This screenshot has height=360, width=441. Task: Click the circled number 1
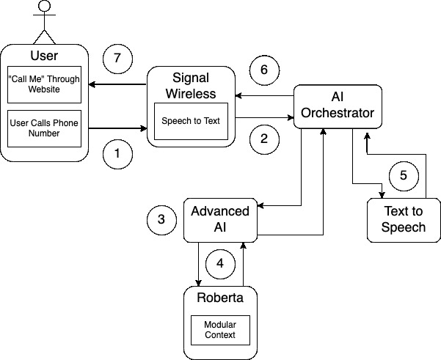[117, 154]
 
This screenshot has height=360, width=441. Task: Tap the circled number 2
[264, 138]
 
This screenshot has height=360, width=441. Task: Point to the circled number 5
[403, 176]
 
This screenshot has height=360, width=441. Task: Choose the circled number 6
[264, 71]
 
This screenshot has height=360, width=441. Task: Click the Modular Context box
[220, 330]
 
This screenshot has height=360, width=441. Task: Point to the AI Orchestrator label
[338, 106]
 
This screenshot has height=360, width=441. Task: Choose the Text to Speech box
[404, 219]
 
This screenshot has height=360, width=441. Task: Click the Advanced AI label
[220, 218]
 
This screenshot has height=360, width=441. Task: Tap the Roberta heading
[220, 298]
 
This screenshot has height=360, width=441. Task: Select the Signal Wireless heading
[191, 85]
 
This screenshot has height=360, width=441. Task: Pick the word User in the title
[44, 56]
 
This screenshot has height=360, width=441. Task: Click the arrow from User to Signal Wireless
[117, 128]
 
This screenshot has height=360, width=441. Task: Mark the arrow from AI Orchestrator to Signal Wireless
[264, 95]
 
